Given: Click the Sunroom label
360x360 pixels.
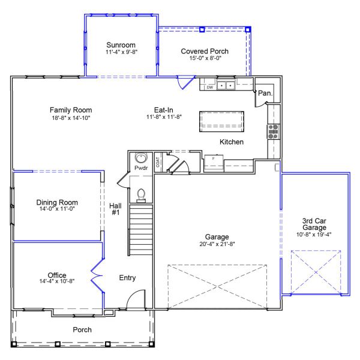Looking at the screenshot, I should pos(121,45).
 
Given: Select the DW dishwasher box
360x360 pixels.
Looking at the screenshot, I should pos(209,87).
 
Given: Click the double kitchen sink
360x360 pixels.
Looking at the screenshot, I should pos(226,85).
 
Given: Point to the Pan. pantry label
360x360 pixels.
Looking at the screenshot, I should pos(265,94).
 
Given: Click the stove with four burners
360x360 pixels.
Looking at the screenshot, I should pos(274,131).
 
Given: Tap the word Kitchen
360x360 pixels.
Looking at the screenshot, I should pos(231,142).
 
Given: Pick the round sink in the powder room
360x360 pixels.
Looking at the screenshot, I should pos(141,158).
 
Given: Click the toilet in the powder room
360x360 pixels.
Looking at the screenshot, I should pos(142,193).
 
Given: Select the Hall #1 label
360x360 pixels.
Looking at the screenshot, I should pos(116,209).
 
